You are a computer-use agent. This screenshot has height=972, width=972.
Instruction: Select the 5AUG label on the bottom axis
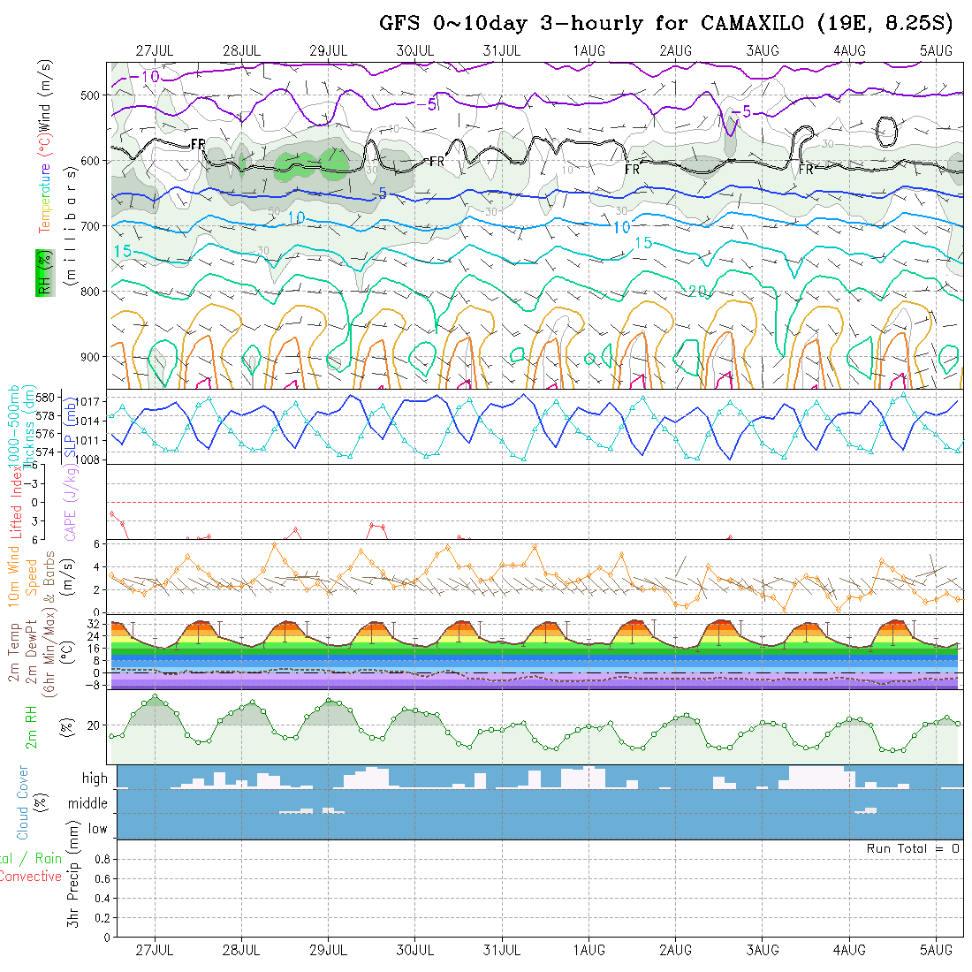pyautogui.click(x=936, y=950)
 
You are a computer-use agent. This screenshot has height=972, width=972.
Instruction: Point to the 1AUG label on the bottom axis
pyautogui.click(x=589, y=950)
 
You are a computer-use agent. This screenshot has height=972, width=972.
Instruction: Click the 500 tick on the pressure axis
pyautogui.click(x=93, y=95)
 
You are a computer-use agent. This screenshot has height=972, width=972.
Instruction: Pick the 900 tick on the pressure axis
pyautogui.click(x=93, y=357)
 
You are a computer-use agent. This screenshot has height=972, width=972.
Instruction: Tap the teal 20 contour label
pyautogui.click(x=697, y=291)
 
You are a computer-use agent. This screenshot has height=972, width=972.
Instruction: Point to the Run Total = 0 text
pyautogui.click(x=913, y=848)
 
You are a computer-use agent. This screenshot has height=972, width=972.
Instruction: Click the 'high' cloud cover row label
pyautogui.click(x=95, y=778)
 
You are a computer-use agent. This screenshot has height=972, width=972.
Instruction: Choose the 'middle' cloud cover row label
pyautogui.click(x=88, y=803)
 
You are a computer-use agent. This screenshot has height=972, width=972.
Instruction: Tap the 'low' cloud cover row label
pyautogui.click(x=97, y=829)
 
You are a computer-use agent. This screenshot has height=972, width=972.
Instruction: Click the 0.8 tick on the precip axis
pyautogui.click(x=101, y=859)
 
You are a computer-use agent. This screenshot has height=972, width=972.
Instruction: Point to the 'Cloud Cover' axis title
pyautogui.click(x=23, y=803)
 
